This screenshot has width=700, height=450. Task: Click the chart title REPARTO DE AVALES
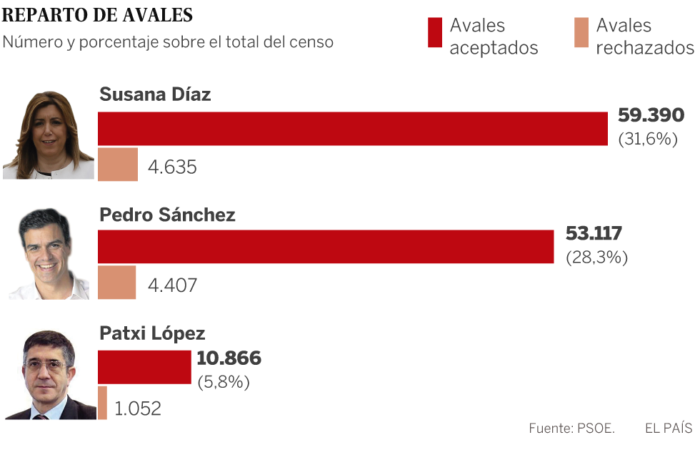97,14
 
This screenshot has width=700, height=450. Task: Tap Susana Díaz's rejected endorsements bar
118,164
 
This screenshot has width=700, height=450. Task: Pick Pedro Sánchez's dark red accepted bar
326,247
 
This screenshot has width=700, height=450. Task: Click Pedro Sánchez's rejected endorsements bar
116,282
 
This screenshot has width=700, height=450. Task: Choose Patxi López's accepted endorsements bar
144,367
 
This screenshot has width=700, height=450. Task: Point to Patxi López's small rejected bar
102,403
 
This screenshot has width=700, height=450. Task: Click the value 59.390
651,116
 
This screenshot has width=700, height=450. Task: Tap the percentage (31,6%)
647,139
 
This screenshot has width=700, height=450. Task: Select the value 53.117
594,234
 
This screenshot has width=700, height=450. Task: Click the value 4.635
172,167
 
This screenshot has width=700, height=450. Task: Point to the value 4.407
172,285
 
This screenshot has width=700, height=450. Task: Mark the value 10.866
229,358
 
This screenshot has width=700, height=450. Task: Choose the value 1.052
138,409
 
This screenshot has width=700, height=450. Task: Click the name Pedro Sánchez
167,215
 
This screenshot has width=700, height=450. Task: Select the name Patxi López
152,333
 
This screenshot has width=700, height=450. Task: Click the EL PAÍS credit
668,429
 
